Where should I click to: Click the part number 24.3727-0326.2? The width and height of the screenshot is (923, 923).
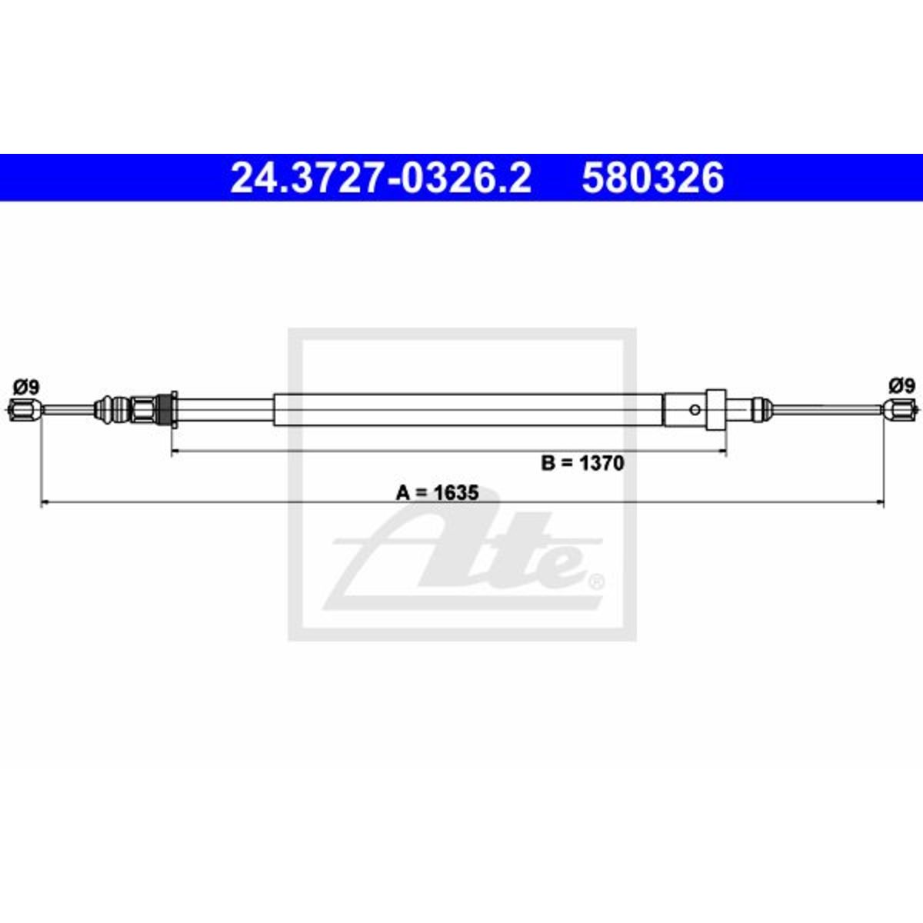381,178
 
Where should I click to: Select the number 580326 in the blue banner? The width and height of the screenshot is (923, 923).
652,178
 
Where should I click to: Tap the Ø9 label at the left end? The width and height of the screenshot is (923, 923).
26,387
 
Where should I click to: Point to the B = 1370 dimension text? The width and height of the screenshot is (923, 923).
582,463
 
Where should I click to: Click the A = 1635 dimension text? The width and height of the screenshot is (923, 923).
437,492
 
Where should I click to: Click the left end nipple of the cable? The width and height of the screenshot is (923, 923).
25,410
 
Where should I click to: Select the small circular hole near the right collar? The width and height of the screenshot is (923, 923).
695,410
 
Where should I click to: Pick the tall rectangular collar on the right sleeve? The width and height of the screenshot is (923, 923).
717,410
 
